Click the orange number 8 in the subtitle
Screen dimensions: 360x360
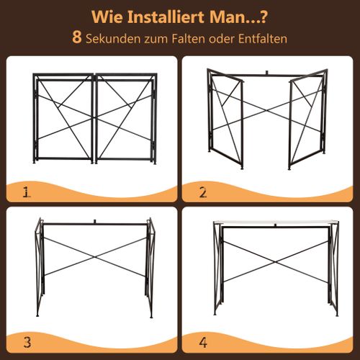77,37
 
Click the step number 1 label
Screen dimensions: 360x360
27,192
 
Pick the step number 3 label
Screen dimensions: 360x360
27,342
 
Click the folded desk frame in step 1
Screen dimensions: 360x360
94,119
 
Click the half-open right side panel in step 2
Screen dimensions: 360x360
306,122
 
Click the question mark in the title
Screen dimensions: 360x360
266,16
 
